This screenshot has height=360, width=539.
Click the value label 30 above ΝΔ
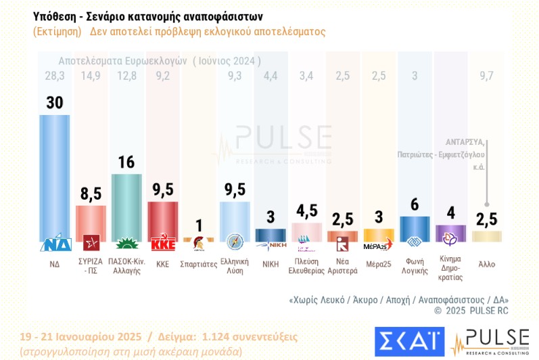54,102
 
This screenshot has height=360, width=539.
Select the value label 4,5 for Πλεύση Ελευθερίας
306,210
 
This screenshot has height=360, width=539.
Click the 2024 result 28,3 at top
54,75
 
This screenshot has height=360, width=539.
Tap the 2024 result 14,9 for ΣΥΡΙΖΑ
90,75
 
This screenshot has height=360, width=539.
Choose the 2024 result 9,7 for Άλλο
486,75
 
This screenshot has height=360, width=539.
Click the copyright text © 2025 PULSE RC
471,311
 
